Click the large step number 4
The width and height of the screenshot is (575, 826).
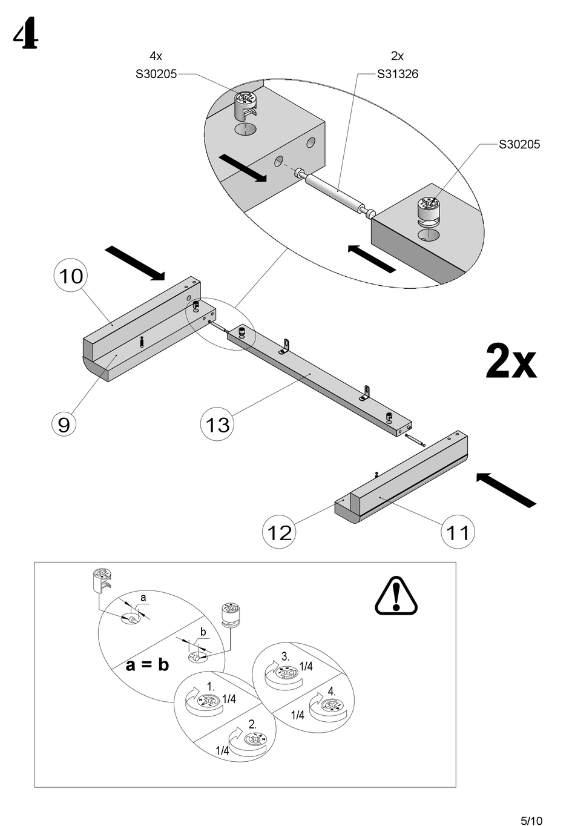coord(25,36)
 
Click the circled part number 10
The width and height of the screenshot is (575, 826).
coord(71,276)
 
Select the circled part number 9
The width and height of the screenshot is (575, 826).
coord(64,424)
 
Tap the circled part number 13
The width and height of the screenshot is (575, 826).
coord(217,424)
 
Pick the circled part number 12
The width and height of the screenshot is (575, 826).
coord(279,532)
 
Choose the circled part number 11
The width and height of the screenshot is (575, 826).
coord(458,532)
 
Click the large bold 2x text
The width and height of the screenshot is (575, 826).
coord(511,362)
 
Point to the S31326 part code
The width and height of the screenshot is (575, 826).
coord(397,74)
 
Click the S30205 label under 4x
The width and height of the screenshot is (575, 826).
coord(156,74)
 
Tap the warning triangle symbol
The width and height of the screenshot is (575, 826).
coord(396,596)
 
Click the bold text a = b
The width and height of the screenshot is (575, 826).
coord(147,665)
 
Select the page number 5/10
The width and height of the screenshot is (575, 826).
coord(531,821)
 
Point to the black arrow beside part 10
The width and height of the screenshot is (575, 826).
coord(134,263)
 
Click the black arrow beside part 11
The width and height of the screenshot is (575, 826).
coord(506,490)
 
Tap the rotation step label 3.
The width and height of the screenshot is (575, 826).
coord(286,656)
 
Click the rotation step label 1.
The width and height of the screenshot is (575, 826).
coord(211,687)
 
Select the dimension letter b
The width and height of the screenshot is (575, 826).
coord(203,632)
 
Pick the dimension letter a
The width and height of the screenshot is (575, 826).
coord(143,598)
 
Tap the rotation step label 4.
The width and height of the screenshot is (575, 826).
coord(332,691)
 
